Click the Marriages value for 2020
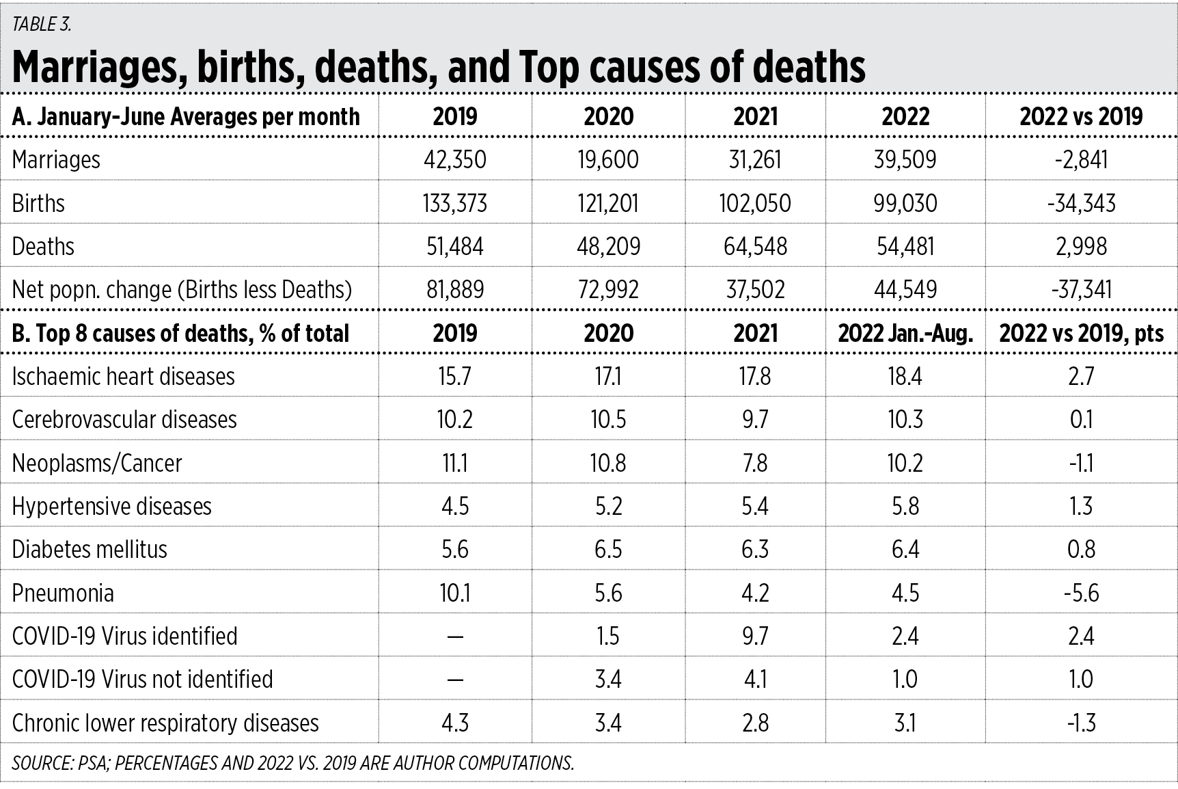click(x=608, y=160)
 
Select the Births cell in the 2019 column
click(x=455, y=203)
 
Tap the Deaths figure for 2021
click(x=755, y=246)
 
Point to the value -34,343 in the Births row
click(x=1081, y=203)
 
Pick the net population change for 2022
click(x=905, y=289)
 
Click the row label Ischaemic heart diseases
click(x=124, y=376)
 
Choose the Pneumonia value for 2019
click(x=455, y=593)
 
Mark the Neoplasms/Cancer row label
click(x=97, y=463)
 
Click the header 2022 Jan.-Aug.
click(x=905, y=333)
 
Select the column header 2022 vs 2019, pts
click(x=1081, y=333)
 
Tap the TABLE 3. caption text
click(x=42, y=25)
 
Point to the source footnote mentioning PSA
click(x=293, y=763)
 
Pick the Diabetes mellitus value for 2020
click(x=608, y=550)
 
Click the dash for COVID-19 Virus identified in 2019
click(x=455, y=637)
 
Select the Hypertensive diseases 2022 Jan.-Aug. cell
click(x=905, y=506)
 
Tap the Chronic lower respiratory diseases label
click(x=165, y=723)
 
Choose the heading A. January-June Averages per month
click(x=186, y=117)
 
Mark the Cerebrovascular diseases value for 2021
click(x=755, y=420)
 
